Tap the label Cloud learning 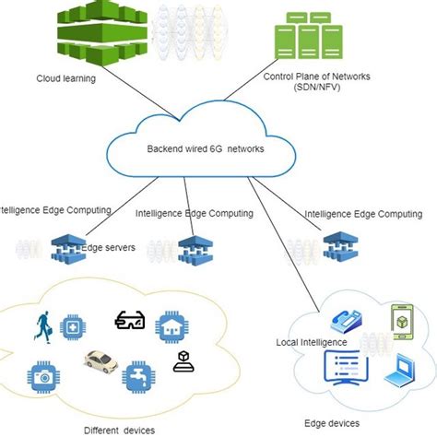point(65,78)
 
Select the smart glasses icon point(128,320)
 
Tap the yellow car point(102,361)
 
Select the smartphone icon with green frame point(403,318)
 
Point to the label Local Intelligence point(312,342)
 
